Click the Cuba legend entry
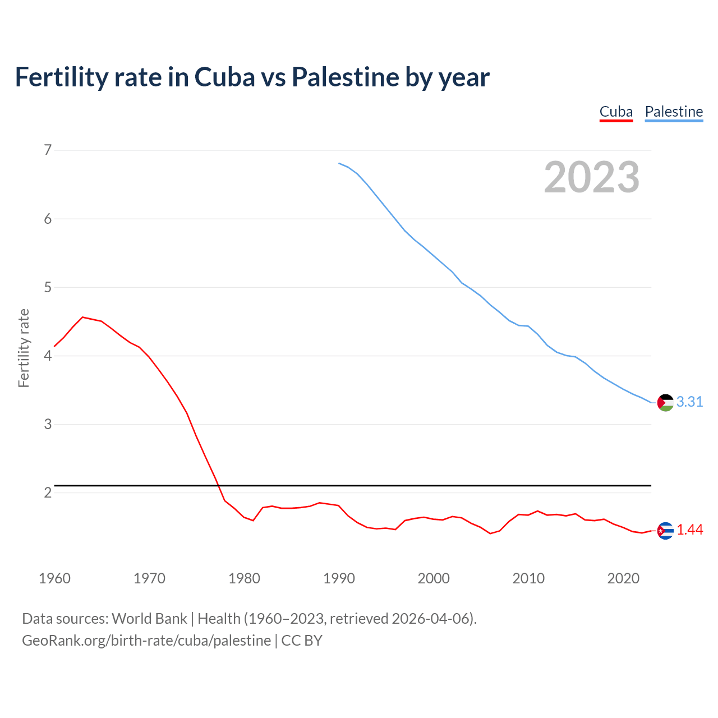pyautogui.click(x=616, y=112)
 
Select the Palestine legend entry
pyautogui.click(x=674, y=112)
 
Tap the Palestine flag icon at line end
pyautogui.click(x=665, y=402)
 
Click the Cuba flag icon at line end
pyautogui.click(x=665, y=530)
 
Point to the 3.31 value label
pyautogui.click(x=689, y=402)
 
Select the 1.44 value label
pyautogui.click(x=689, y=530)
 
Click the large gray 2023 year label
pyautogui.click(x=591, y=177)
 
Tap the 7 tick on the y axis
pyautogui.click(x=48, y=150)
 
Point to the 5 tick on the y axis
pyautogui.click(x=48, y=287)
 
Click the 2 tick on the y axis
pyautogui.click(x=48, y=493)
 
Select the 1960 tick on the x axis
pyautogui.click(x=54, y=578)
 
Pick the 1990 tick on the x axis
pyautogui.click(x=339, y=578)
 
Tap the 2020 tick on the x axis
pyautogui.click(x=623, y=578)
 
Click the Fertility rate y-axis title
pyautogui.click(x=24, y=348)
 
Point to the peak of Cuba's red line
pyautogui.click(x=82, y=317)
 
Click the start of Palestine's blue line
pyautogui.click(x=339, y=163)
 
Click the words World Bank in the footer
pyautogui.click(x=149, y=619)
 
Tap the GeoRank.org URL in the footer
pyautogui.click(x=146, y=641)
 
